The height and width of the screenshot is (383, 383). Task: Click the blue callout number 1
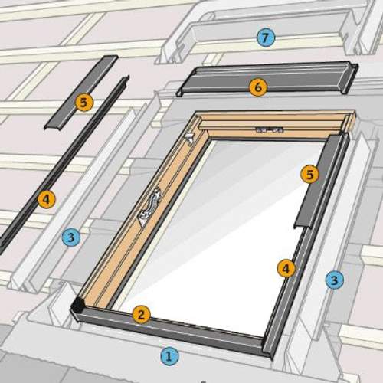(x=169, y=355)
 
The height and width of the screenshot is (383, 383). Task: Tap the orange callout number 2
(x=140, y=313)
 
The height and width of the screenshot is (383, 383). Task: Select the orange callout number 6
(x=257, y=87)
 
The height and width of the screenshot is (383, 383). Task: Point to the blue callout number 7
(x=265, y=37)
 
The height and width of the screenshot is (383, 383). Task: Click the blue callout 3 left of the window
(x=70, y=237)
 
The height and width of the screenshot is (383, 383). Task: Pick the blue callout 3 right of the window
(x=333, y=280)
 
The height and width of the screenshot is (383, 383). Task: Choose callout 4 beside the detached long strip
(x=46, y=200)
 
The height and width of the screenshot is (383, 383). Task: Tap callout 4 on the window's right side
(x=286, y=268)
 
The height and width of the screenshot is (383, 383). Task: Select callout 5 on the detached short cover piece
(x=83, y=100)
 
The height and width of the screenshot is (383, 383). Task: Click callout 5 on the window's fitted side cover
(x=309, y=175)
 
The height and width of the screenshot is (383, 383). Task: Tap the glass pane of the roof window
(x=222, y=230)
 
